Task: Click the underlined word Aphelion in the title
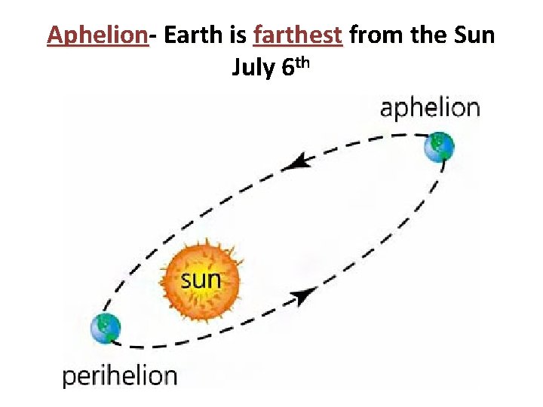97,35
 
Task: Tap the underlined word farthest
299,35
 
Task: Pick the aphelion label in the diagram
430,108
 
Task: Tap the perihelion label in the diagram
120,375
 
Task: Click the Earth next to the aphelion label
439,147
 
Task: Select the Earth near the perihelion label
106,329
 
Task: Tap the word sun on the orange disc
201,280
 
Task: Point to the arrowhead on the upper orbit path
302,161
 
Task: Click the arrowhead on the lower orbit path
304,296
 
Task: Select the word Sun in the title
473,35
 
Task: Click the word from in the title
377,35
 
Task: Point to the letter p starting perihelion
69,378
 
